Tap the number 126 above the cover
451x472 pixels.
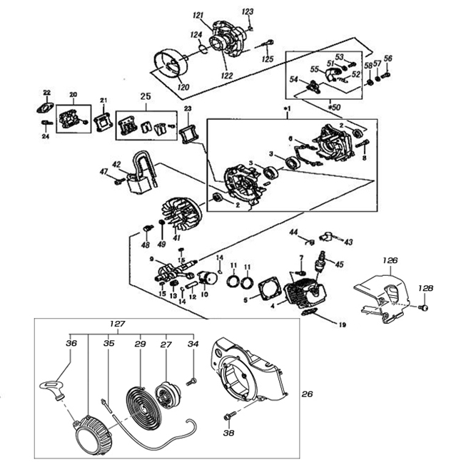(x=389, y=260)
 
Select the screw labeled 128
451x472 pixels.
(x=421, y=307)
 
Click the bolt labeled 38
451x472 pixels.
(x=228, y=415)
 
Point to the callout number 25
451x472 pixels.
(x=146, y=95)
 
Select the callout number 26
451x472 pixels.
(x=307, y=394)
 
